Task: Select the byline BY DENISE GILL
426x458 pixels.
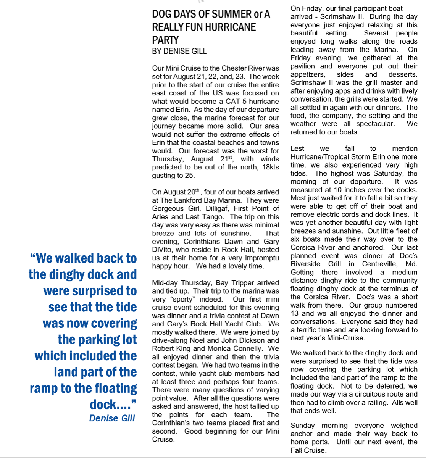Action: (x=179, y=51)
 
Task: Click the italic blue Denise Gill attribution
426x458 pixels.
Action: (x=112, y=418)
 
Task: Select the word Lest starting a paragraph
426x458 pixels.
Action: (x=297, y=148)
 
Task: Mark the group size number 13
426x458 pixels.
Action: (x=295, y=313)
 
